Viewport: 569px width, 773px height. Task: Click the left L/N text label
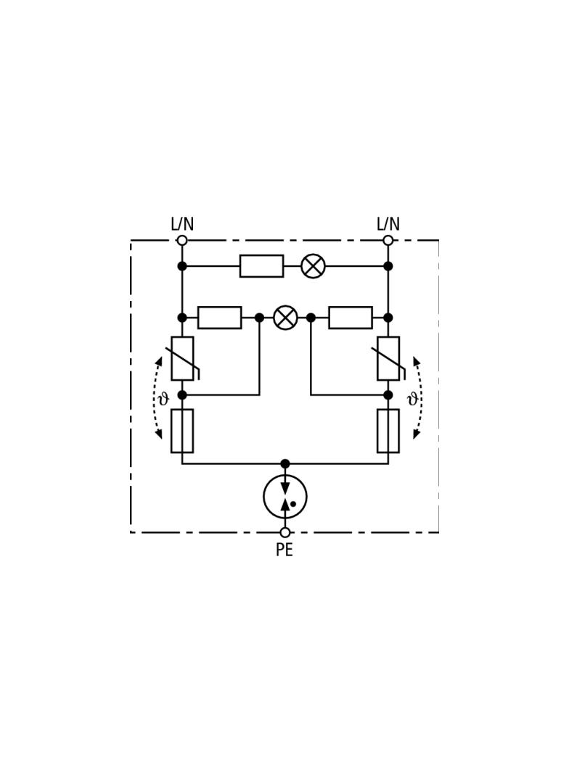182,224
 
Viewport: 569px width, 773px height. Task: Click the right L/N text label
388,224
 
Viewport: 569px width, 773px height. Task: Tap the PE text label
284,550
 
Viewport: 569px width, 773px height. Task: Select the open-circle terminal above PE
284,532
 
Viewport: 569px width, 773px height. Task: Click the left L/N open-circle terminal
182,240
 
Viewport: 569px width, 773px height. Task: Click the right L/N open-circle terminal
388,240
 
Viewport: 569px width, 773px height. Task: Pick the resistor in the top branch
261,266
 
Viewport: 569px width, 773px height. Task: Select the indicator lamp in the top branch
314,266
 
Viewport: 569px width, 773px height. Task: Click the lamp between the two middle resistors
285,318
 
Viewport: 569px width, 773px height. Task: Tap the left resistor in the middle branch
220,318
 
